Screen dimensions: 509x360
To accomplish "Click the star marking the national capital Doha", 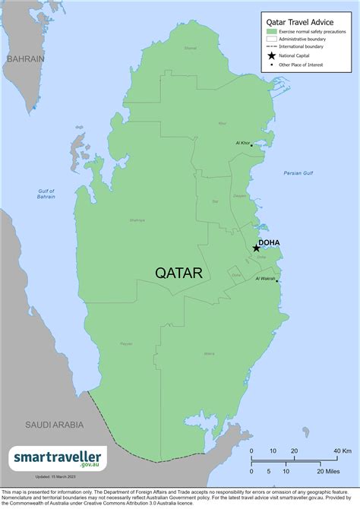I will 256,248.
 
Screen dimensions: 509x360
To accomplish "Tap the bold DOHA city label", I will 270,243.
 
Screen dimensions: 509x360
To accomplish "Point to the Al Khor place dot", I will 252,144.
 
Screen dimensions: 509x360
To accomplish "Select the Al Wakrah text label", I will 264,279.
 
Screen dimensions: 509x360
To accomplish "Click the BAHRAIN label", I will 25,58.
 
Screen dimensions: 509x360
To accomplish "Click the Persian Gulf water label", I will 298,174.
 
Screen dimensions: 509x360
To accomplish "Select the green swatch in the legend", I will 272,32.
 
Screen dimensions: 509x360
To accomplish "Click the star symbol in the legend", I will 272,55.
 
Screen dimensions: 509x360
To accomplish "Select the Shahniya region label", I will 137,220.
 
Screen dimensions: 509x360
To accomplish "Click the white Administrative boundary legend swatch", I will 272,40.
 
